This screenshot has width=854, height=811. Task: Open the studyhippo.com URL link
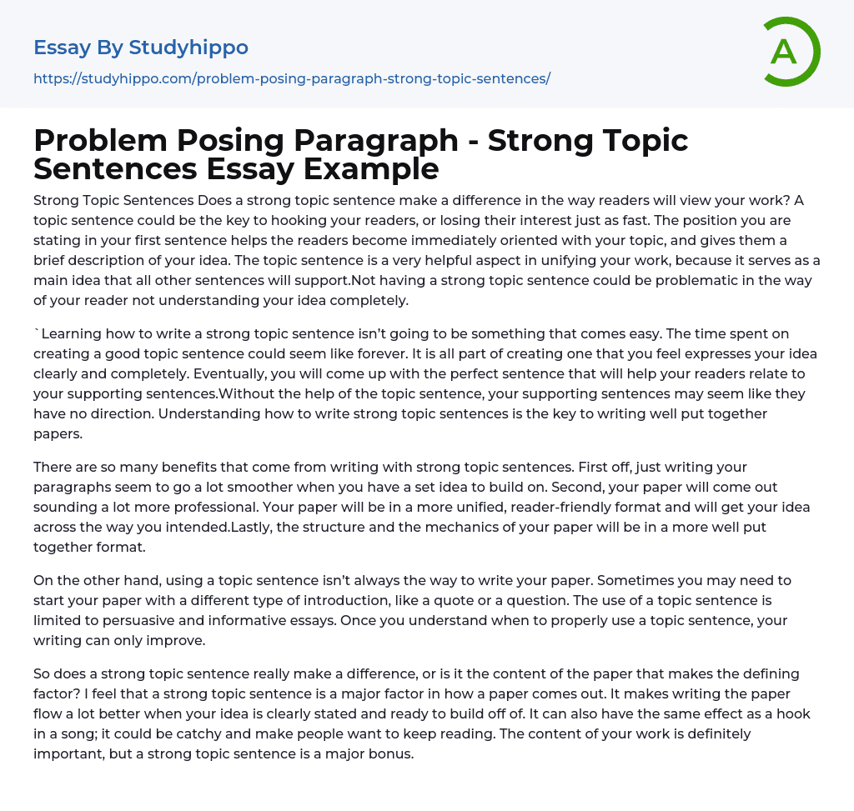coord(291,78)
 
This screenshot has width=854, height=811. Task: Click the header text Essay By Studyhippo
coord(141,48)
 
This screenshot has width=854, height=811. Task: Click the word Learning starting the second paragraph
coord(75,333)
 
